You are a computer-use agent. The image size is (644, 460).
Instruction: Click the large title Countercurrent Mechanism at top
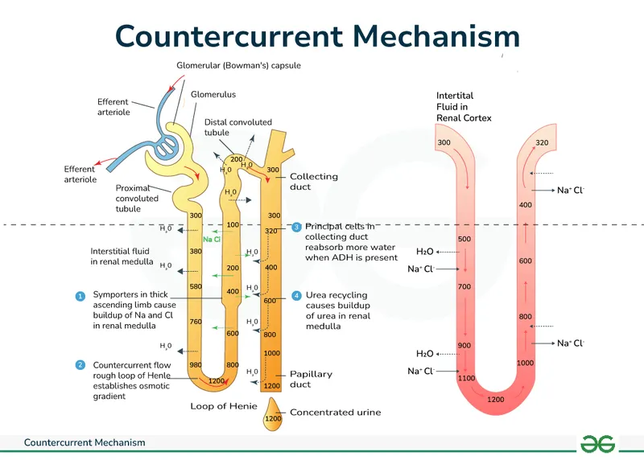(x=317, y=36)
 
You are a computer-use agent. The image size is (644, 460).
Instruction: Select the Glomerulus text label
(x=213, y=94)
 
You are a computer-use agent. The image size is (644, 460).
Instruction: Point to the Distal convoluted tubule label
(x=238, y=127)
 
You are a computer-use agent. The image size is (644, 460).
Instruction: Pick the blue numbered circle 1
(x=80, y=296)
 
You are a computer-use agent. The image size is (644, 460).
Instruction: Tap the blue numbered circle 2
(x=80, y=364)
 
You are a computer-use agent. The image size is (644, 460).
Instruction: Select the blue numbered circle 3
(x=296, y=228)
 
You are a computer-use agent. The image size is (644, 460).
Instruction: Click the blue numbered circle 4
(x=296, y=296)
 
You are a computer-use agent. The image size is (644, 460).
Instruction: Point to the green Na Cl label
(x=212, y=239)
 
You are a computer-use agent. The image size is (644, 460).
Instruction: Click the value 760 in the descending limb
(x=195, y=322)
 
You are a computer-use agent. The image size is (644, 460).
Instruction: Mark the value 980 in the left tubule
(x=195, y=365)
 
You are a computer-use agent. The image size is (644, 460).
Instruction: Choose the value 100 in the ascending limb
(x=233, y=225)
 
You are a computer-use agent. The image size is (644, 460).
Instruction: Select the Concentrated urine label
(x=335, y=413)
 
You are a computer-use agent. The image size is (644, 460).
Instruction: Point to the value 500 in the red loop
(x=464, y=239)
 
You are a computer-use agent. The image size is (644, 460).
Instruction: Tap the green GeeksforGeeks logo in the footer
(x=598, y=444)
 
